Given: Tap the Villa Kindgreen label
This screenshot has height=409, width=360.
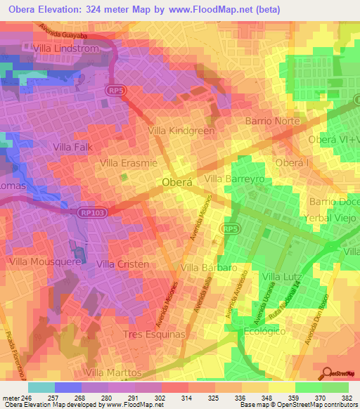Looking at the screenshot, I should click(x=181, y=131).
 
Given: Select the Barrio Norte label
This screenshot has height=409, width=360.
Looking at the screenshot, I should click(x=272, y=121).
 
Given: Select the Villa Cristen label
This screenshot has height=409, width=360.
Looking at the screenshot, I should click(x=122, y=264).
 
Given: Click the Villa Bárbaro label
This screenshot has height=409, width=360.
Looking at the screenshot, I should click(x=208, y=268).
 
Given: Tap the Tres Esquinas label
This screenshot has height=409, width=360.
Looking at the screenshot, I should click(x=153, y=334).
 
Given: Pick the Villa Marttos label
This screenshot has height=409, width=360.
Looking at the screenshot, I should click(x=112, y=372).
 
